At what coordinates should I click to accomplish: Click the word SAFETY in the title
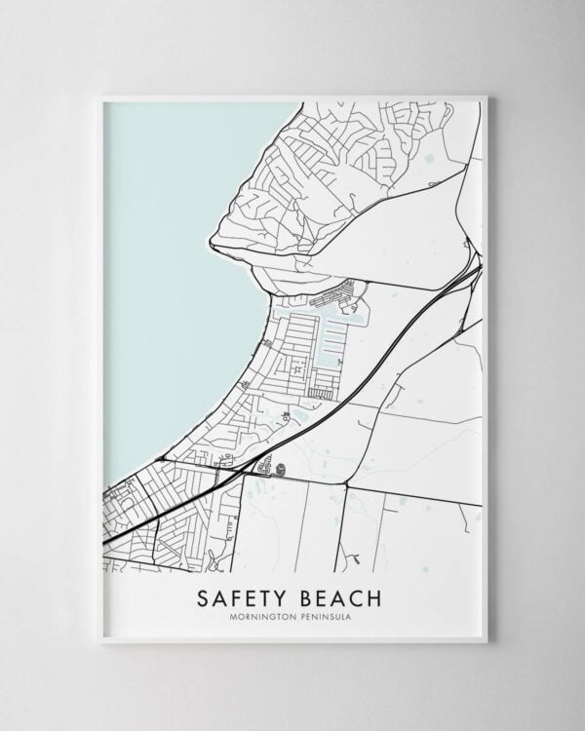coord(242,596)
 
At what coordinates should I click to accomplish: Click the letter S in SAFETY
coord(203,596)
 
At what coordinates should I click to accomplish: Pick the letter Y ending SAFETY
coord(282,596)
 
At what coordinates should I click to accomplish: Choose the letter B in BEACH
coord(307,596)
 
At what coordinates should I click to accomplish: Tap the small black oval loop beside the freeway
coord(280,469)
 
